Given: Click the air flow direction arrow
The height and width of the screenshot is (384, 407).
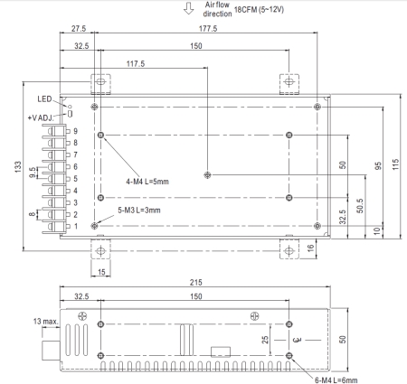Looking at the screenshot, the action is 189,8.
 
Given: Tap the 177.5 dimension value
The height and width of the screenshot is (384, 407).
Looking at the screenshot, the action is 208,29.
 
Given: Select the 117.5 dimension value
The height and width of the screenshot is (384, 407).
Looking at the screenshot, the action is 136,64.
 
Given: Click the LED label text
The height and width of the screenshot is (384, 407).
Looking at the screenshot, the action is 44,99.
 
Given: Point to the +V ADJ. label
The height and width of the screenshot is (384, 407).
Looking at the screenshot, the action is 41,117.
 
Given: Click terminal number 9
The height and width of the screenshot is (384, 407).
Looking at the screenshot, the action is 75,131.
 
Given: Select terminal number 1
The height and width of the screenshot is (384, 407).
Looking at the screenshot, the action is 75,226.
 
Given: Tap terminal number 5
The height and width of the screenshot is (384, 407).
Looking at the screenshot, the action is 75,179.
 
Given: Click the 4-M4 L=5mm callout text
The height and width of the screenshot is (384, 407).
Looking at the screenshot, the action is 147,182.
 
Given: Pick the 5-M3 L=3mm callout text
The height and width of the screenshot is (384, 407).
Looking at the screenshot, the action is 139,211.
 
